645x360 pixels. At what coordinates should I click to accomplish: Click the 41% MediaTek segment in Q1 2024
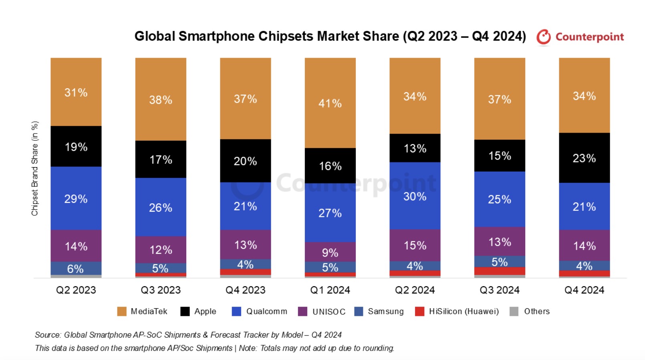(330, 103)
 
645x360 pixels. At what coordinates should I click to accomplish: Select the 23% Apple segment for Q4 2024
(584, 158)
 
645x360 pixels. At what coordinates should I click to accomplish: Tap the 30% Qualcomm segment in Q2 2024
(415, 196)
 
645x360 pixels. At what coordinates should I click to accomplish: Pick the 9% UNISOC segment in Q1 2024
(330, 252)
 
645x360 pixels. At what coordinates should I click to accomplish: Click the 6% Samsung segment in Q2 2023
(76, 268)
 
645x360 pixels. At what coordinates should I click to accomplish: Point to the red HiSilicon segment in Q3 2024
(500, 271)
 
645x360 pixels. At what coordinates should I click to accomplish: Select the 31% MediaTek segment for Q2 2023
(76, 92)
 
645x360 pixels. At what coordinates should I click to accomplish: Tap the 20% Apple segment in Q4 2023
(245, 161)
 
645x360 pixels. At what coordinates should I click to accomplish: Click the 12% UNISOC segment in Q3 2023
(161, 250)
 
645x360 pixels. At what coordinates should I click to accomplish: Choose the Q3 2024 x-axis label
(500, 290)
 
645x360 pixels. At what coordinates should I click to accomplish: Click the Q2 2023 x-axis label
(76, 290)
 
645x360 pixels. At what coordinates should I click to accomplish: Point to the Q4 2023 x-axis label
(245, 290)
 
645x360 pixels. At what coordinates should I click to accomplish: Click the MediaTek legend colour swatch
(122, 311)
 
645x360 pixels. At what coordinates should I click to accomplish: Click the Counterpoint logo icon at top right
(544, 37)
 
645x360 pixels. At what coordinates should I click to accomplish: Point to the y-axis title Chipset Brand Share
(35, 168)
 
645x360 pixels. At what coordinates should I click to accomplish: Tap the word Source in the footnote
(48, 335)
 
